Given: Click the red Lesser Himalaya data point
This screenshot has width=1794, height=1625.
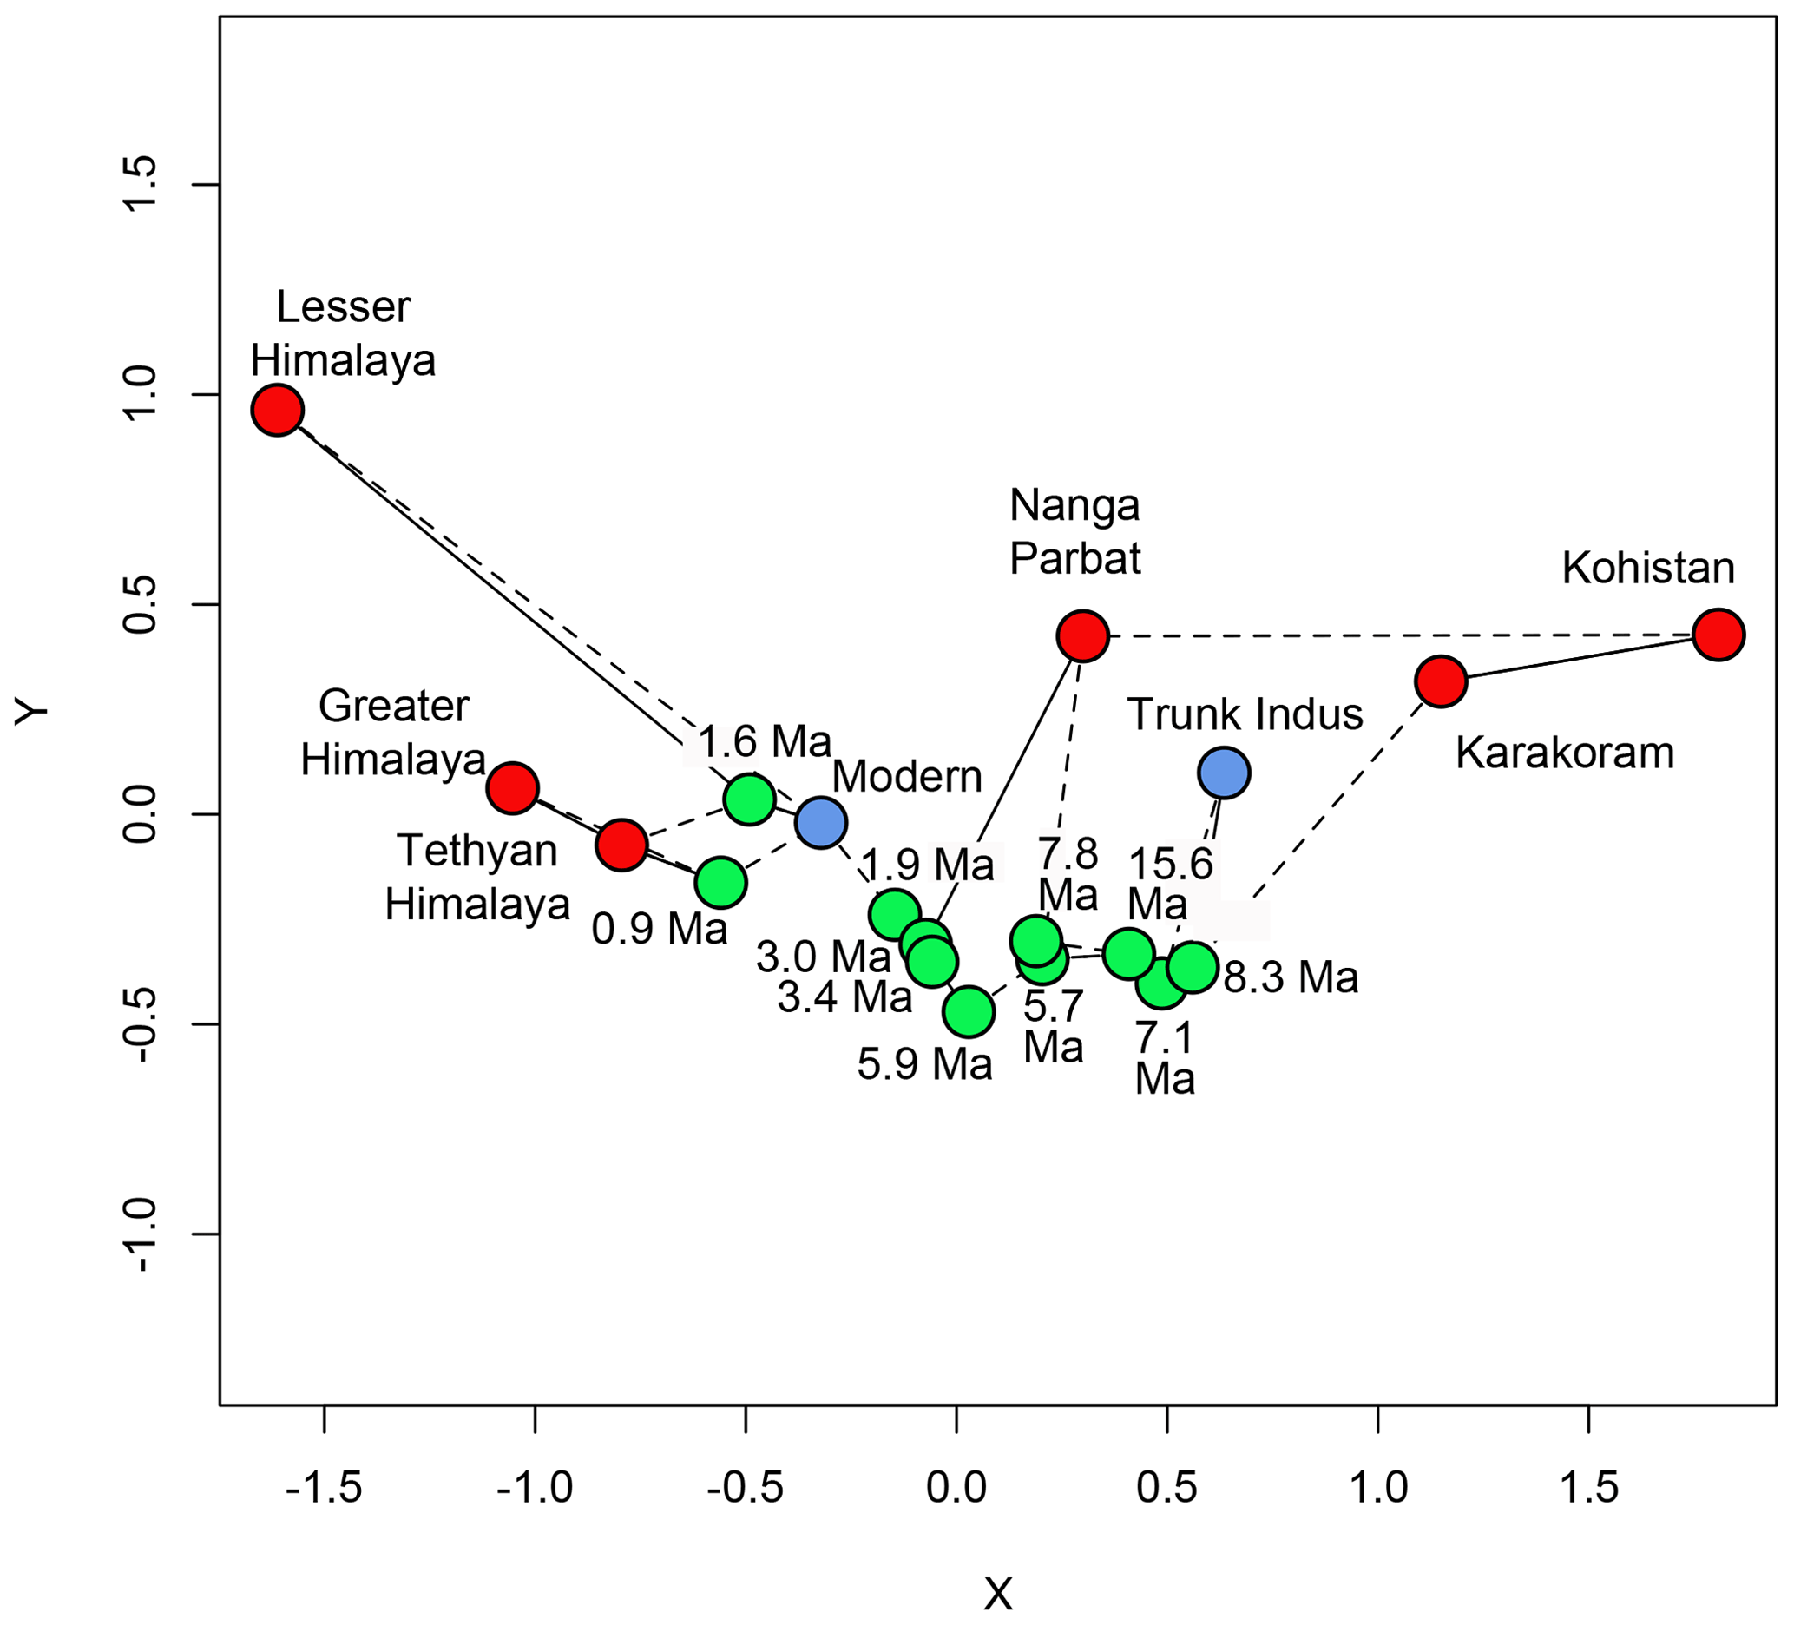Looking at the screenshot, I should pos(278,411).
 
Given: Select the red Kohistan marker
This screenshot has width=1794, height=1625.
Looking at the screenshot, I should pos(1718,635).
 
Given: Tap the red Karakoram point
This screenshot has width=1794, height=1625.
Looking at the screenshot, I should pos(1441,681).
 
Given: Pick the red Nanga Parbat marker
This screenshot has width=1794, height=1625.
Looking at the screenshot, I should pos(1082,636).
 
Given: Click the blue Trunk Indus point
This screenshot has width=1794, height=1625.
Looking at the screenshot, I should pos(1224,773).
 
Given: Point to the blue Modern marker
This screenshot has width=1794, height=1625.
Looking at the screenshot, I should pos(820,821).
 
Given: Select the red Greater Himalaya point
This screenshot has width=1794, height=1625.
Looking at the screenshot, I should pos(513,787).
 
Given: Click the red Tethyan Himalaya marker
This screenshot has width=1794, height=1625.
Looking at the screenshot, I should pos(621,845).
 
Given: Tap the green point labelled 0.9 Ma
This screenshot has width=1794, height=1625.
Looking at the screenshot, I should pos(720,883).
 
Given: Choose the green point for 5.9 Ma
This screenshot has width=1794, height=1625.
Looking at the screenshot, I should pos(969,1011).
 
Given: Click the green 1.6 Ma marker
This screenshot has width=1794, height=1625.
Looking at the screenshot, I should pos(749,799).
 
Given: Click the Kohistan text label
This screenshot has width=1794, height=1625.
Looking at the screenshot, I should pos(1648,568).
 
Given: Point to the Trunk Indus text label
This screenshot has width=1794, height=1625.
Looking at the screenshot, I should pos(1245,714).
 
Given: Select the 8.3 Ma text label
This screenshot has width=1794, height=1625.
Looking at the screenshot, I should pos(1291,977).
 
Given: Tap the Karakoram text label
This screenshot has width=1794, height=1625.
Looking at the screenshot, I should pos(1564,753).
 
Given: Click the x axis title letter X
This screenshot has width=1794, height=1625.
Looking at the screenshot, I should pos(997,1594).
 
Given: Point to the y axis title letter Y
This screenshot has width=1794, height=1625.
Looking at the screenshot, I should pos(33,711).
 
